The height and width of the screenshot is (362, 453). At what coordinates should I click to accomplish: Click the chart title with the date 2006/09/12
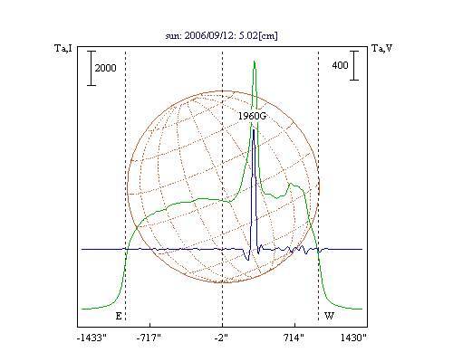tap(221, 35)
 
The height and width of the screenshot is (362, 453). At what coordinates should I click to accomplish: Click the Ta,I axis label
tap(63, 48)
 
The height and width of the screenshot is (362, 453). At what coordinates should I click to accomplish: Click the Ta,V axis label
tap(381, 48)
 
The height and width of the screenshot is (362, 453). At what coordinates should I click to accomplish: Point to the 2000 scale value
tap(105, 68)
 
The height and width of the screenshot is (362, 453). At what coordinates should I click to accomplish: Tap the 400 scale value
tap(340, 65)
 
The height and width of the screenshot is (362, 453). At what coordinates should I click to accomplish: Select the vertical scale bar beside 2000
tap(92, 68)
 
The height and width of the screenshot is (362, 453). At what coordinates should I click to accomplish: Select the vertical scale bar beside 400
tap(354, 65)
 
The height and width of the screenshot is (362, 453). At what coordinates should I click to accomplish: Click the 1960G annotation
tap(252, 116)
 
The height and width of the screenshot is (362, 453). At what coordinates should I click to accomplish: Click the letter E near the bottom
tap(119, 316)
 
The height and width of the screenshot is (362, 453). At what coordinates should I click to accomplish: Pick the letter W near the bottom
tap(329, 316)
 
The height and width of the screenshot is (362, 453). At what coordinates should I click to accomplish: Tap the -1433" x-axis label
tap(92, 338)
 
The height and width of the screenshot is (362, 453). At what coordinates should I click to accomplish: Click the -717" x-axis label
tap(149, 338)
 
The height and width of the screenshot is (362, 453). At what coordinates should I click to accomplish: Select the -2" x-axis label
tap(221, 338)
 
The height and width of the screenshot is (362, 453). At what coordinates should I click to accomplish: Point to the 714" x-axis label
tap(294, 338)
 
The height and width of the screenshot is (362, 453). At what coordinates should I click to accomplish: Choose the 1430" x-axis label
tap(353, 338)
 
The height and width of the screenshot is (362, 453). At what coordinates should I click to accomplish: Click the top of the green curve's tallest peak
tap(255, 62)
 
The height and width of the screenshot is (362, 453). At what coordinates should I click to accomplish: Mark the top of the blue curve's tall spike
tap(254, 129)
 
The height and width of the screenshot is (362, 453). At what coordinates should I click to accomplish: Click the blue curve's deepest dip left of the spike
tap(248, 260)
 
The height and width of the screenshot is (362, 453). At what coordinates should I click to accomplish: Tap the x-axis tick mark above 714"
tap(294, 325)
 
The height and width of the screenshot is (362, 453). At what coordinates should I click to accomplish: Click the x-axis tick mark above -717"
tap(150, 325)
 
